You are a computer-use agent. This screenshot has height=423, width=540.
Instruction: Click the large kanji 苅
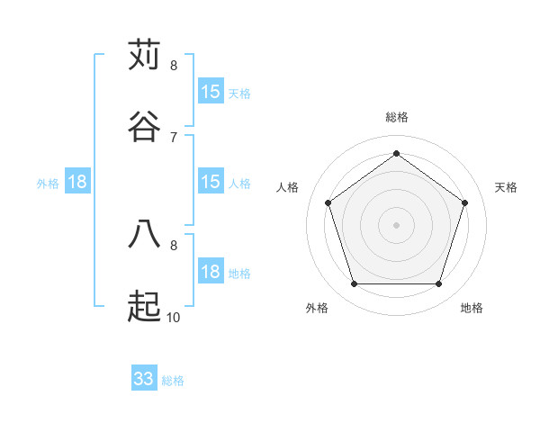(144, 55)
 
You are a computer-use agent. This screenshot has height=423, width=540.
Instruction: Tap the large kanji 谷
(144, 127)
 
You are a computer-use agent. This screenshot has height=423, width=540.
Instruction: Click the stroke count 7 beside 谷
(174, 137)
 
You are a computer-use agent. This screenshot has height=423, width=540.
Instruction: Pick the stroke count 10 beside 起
(174, 317)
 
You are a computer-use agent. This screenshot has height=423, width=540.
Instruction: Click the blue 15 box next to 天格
(211, 92)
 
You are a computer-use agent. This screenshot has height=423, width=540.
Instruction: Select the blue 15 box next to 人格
(211, 182)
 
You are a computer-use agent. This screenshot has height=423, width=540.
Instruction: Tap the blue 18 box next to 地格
(211, 272)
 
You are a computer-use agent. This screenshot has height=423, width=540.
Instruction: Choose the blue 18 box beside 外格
(77, 182)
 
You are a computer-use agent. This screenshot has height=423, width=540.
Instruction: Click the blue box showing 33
(144, 379)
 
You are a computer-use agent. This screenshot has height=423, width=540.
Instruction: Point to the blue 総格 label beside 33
(173, 381)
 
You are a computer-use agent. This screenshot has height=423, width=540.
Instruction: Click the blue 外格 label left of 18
(48, 184)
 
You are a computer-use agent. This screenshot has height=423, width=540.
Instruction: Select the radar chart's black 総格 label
(396, 117)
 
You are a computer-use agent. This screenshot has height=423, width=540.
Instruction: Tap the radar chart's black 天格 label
(506, 187)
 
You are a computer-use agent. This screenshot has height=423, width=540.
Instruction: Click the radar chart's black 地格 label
(472, 308)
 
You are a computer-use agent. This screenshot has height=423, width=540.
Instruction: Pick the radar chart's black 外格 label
(317, 308)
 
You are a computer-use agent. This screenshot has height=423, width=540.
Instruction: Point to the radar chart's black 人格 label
(288, 187)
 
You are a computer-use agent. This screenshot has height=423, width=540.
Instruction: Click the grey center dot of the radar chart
(396, 224)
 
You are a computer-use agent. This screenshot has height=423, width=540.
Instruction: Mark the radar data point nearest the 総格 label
(396, 153)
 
